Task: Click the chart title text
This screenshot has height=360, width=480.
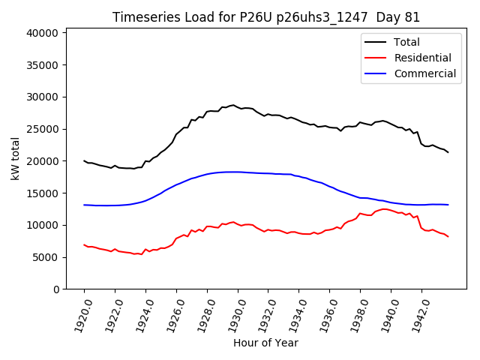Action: tap(266, 17)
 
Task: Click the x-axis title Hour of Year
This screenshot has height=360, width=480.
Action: tap(265, 343)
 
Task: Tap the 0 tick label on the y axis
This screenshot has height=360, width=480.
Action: tap(56, 289)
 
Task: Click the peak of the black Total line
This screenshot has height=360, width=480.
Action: tap(233, 105)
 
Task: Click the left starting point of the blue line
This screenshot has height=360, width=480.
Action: tap(84, 205)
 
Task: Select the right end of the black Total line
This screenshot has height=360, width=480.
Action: tap(448, 152)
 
